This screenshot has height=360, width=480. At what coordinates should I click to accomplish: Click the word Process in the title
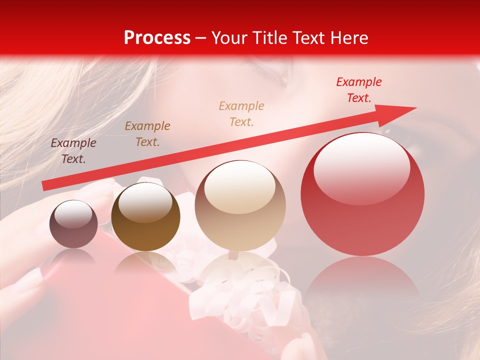coord(157,38)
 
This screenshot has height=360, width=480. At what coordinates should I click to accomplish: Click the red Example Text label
coord(358,90)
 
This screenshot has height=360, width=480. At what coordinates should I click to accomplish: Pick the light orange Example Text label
coord(241,113)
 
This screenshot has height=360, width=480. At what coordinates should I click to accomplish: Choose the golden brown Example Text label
coord(147,133)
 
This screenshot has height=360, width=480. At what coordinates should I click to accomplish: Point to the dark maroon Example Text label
coord(73,151)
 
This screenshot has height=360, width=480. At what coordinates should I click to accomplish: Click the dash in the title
coord(201,38)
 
